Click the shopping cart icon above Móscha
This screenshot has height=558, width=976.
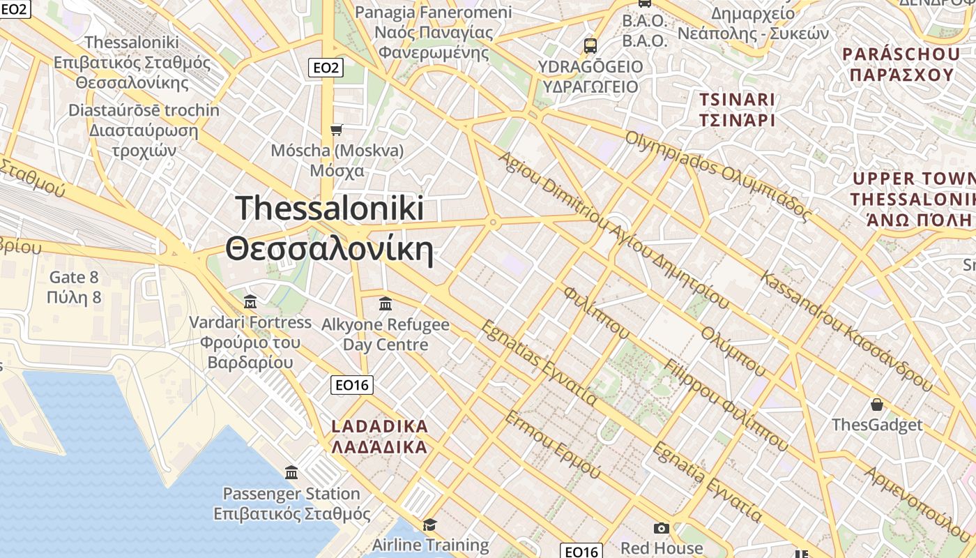[x=337, y=130]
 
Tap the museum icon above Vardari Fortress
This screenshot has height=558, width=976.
[x=250, y=302]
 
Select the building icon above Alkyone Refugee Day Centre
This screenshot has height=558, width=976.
[x=385, y=304]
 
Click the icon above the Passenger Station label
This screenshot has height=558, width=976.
[x=291, y=473]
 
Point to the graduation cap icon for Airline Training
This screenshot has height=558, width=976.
[x=429, y=525]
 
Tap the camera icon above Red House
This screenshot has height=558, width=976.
[x=661, y=529]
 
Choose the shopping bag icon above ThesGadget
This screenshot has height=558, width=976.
[x=876, y=405]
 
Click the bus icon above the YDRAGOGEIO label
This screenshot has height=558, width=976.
[x=590, y=46]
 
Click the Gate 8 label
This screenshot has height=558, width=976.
[x=74, y=277]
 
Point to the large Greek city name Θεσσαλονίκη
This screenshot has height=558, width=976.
[x=329, y=249]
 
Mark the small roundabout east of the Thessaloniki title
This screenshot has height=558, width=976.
[x=493, y=223]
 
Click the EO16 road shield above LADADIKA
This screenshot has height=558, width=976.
[x=353, y=384]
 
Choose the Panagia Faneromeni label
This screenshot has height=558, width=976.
[x=434, y=13]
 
